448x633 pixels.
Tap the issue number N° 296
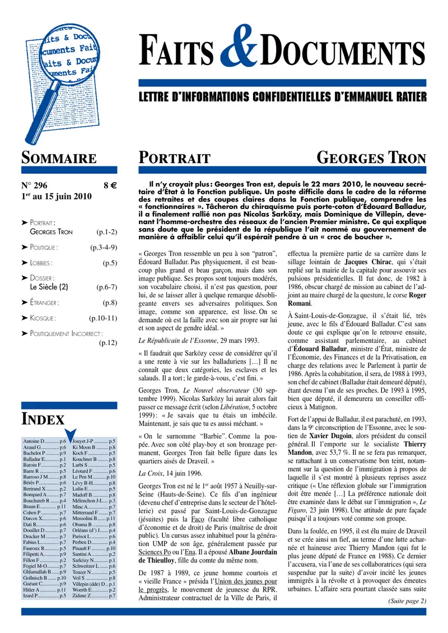click(35, 184)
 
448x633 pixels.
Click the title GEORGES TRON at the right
click(371, 157)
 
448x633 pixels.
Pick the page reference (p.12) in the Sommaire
click(108, 343)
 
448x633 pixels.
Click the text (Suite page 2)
click(407, 601)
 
